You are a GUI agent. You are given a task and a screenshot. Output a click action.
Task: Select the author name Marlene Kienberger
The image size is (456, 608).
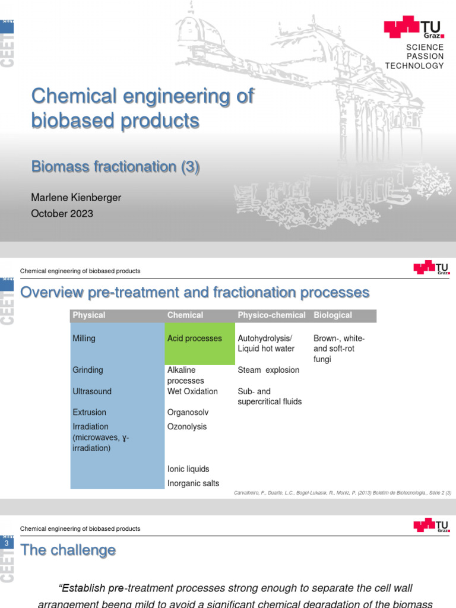(x=76, y=198)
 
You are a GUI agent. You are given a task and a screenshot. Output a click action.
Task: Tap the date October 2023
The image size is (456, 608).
(x=62, y=214)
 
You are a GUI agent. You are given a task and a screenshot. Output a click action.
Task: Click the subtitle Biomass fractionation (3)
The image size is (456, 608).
(x=115, y=167)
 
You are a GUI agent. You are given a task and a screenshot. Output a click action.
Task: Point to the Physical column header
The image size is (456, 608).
(x=88, y=315)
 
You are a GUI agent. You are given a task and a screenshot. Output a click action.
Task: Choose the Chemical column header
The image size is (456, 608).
(x=185, y=315)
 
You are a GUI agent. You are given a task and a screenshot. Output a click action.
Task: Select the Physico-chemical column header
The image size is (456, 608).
(x=271, y=315)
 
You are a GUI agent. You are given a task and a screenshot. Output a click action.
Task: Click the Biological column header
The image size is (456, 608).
(x=332, y=315)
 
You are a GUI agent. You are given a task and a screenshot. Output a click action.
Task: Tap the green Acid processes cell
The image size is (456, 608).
(x=194, y=338)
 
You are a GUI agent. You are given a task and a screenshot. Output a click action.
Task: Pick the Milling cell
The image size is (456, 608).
(x=84, y=338)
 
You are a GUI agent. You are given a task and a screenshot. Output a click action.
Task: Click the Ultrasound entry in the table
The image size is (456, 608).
(x=91, y=391)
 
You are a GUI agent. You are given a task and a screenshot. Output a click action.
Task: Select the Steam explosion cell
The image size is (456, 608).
(x=268, y=370)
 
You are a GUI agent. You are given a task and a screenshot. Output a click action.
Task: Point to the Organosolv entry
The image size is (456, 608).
(x=188, y=412)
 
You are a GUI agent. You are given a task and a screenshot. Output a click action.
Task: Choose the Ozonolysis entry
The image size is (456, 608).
(x=187, y=426)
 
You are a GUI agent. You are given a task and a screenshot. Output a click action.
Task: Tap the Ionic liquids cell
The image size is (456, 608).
(x=188, y=469)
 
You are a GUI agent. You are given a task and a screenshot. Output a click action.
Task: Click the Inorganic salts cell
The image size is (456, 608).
(x=193, y=483)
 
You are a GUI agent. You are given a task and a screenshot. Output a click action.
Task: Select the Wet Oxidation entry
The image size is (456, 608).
(x=192, y=391)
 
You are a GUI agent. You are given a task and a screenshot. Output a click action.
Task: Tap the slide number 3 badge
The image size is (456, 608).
(x=7, y=543)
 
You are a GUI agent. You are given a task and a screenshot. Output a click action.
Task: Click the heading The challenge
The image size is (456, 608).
(x=68, y=550)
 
